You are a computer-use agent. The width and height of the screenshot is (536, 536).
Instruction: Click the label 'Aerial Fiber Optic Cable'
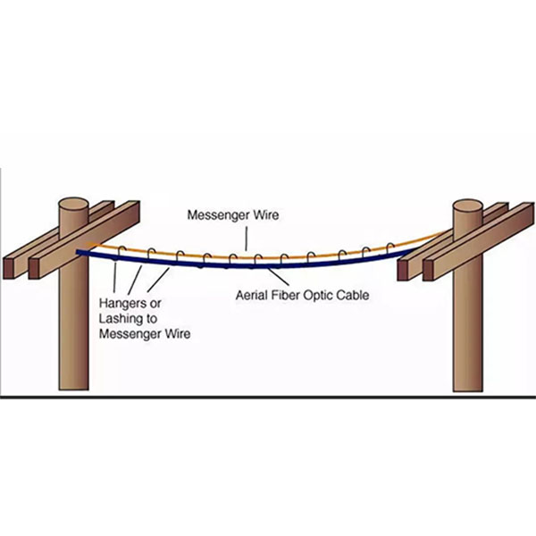[x=301, y=295]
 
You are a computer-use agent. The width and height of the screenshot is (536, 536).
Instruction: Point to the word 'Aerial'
[x=253, y=295]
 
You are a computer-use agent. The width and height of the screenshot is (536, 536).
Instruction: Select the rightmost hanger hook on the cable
[x=391, y=250]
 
